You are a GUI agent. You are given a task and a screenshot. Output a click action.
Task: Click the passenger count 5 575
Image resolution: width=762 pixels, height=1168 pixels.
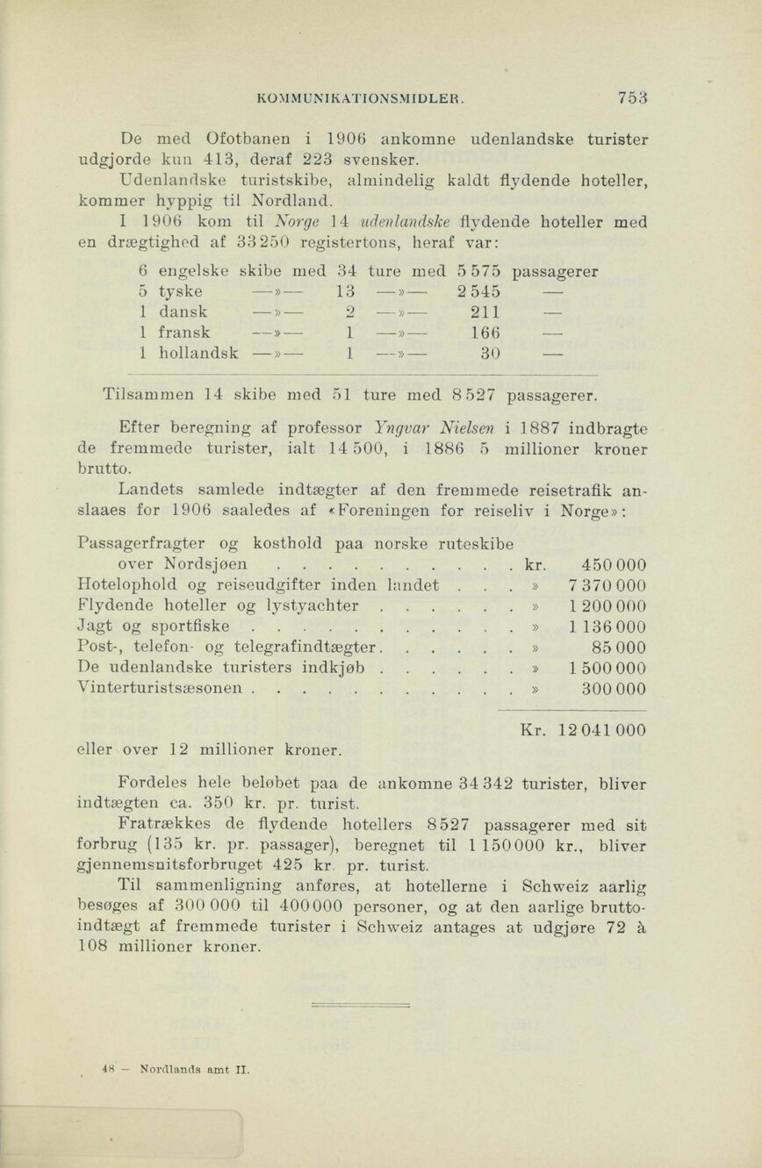pyautogui.click(x=479, y=272)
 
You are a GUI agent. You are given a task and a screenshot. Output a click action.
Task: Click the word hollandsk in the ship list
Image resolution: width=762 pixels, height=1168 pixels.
pyautogui.click(x=199, y=354)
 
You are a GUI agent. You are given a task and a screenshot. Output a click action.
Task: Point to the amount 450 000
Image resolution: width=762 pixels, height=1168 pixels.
pyautogui.click(x=614, y=564)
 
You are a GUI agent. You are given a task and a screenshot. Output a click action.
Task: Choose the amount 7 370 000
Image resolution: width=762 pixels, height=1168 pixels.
pyautogui.click(x=607, y=585)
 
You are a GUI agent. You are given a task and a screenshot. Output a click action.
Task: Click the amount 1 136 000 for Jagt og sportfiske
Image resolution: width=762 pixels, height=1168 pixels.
pyautogui.click(x=607, y=627)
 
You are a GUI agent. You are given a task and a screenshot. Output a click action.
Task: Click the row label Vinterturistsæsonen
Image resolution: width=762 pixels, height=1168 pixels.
pyautogui.click(x=159, y=690)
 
